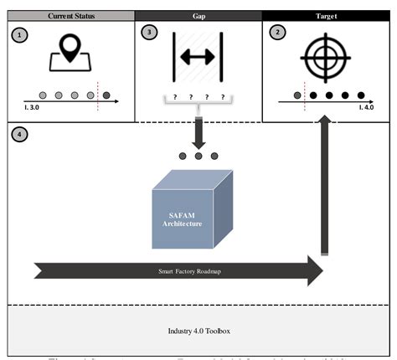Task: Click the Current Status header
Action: (70, 15)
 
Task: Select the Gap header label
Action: (198, 15)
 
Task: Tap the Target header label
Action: (327, 15)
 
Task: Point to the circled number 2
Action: (277, 33)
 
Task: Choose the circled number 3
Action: (149, 33)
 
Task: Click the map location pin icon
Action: (70, 56)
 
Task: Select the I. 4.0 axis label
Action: (367, 107)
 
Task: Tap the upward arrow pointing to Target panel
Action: (324, 184)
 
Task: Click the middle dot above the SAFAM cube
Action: (198, 156)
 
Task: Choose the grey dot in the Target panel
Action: (296, 95)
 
